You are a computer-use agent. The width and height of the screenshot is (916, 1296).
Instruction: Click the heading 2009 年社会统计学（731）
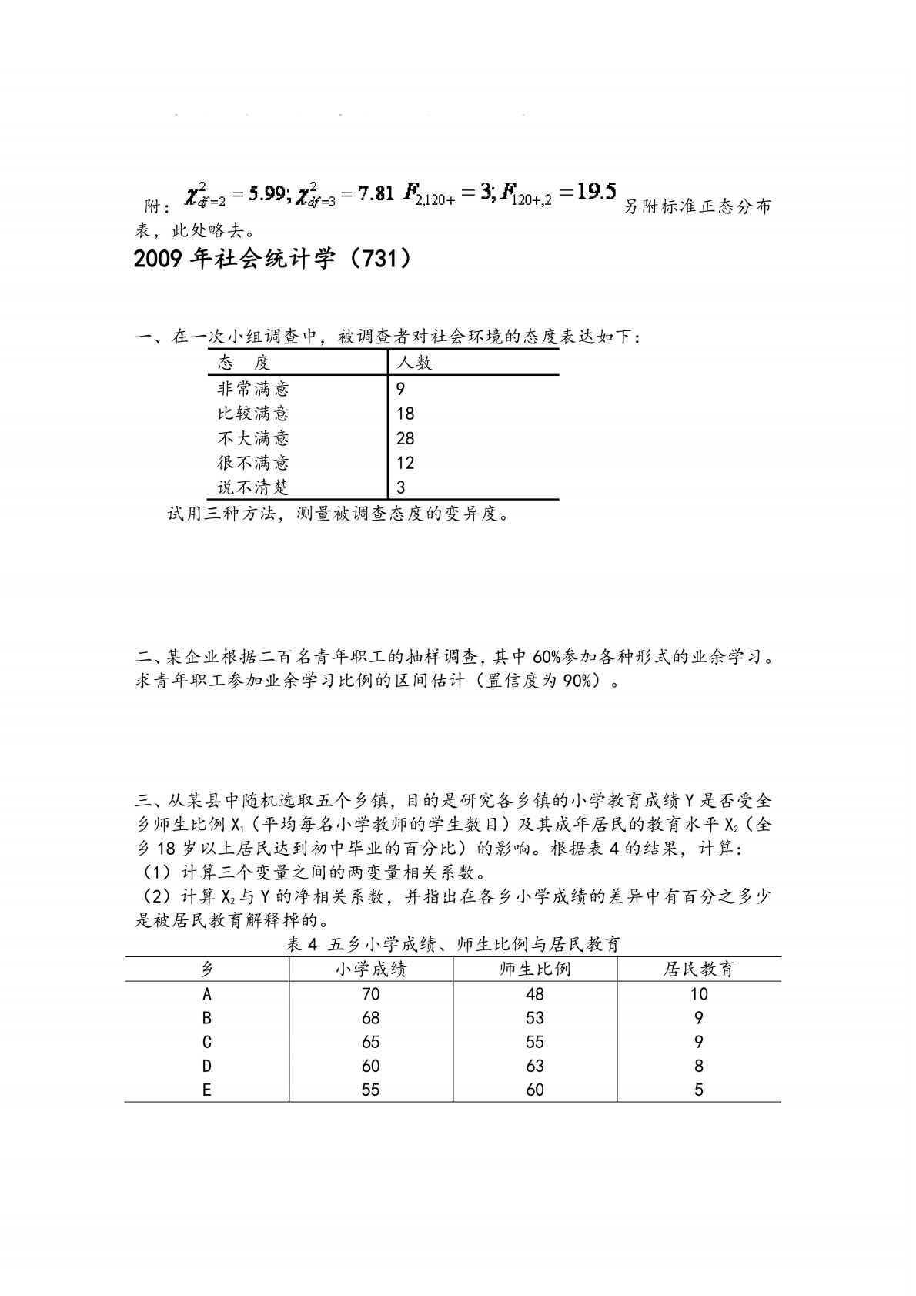coord(272,259)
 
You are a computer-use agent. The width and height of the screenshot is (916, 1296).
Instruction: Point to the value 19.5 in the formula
coord(596,191)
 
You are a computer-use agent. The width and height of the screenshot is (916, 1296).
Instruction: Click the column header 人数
coord(414,363)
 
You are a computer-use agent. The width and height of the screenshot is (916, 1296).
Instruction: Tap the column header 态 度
coord(244,363)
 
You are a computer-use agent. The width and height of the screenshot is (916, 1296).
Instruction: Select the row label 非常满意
coord(253,388)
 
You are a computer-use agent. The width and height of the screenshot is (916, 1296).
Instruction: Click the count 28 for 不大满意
coord(405,438)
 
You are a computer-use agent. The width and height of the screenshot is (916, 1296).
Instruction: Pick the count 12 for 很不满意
coord(405,463)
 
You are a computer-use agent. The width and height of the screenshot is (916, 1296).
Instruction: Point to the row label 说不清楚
coord(253,487)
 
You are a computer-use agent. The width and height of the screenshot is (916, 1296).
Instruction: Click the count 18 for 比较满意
coord(405,414)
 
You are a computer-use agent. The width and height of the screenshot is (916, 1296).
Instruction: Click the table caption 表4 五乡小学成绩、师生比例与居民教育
coord(453,944)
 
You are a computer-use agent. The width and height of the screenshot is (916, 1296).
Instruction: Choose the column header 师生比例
coord(534,969)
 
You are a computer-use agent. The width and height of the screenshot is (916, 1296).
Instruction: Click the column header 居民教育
coord(698,969)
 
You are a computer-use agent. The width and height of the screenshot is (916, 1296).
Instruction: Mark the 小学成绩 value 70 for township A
coord(370,994)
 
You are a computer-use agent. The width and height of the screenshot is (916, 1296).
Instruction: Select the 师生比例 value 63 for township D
coord(534,1066)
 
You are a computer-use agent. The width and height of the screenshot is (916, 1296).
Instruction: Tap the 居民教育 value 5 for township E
coord(698,1090)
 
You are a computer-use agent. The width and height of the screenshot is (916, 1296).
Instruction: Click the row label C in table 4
coord(206,1042)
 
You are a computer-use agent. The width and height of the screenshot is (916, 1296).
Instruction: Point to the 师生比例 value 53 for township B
coord(534,1018)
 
